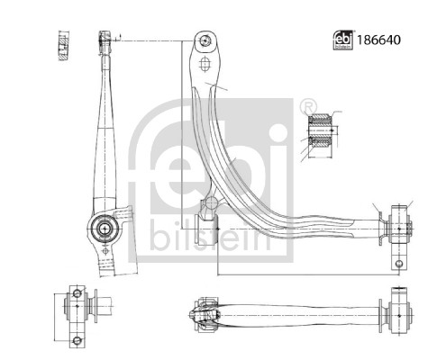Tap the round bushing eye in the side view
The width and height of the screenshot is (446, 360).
105,228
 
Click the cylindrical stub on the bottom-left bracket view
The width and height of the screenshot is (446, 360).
100,307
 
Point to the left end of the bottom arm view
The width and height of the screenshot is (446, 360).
196,314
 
